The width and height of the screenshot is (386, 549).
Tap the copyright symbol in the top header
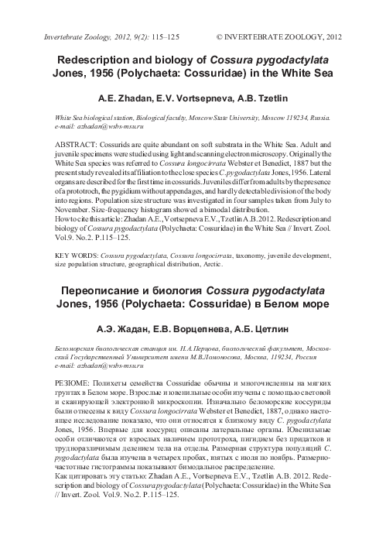click(222, 36)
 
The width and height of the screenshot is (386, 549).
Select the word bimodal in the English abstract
click(198, 208)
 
